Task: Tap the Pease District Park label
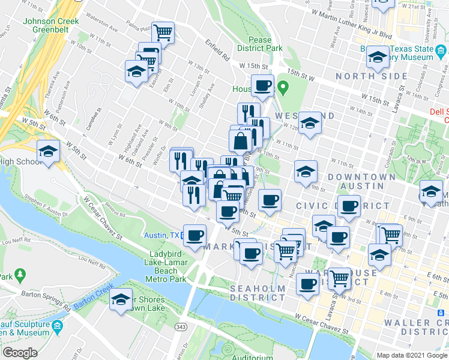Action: pos(259,43)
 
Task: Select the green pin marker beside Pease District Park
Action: pos(286,89)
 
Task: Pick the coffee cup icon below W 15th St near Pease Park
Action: pos(262,85)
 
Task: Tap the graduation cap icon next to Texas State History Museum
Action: pos(378,57)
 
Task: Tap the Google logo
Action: pos(20,353)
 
